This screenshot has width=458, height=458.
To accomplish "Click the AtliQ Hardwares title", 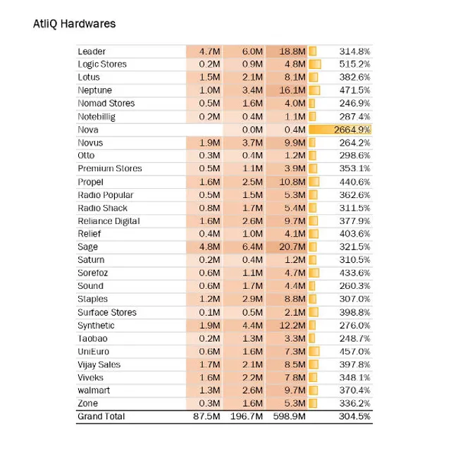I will pos(74,23).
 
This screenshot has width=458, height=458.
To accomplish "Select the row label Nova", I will pos(89,130).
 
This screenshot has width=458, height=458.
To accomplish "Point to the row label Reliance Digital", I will pos(109,221).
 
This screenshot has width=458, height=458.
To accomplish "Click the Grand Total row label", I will pos(101,416).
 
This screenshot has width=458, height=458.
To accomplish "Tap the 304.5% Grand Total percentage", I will pos(355,416).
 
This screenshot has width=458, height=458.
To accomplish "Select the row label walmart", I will pos(94,390).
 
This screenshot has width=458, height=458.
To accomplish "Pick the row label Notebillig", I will pos(97,116).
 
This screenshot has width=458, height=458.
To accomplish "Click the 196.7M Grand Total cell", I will pos(247,416).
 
